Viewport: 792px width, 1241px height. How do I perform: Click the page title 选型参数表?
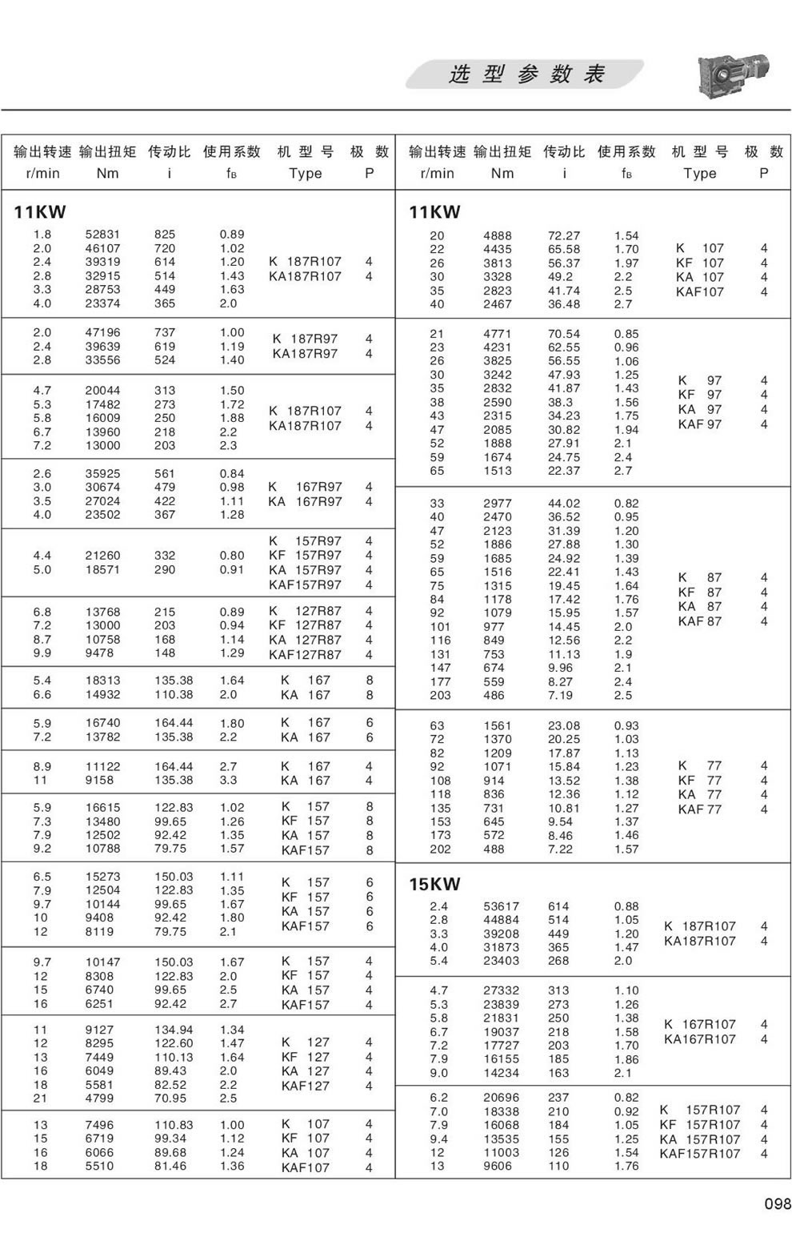coord(526,74)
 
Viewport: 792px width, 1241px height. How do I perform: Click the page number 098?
coord(777,1203)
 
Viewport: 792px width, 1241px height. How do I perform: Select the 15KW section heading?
coord(434,884)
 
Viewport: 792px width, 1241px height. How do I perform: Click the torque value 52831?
coord(102,235)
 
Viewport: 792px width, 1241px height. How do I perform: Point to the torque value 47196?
coord(102,332)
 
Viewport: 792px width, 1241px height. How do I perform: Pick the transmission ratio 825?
coord(165,235)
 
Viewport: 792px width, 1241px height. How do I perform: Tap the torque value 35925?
coord(102,473)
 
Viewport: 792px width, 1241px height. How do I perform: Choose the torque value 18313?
coord(102,681)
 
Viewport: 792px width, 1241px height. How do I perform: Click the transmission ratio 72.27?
coord(563,235)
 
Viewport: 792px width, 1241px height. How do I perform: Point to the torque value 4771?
coord(498,333)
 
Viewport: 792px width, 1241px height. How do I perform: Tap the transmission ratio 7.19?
coord(560,695)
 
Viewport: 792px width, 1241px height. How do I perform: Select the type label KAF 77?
coord(699,809)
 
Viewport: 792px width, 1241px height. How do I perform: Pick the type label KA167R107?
coord(699,1039)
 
